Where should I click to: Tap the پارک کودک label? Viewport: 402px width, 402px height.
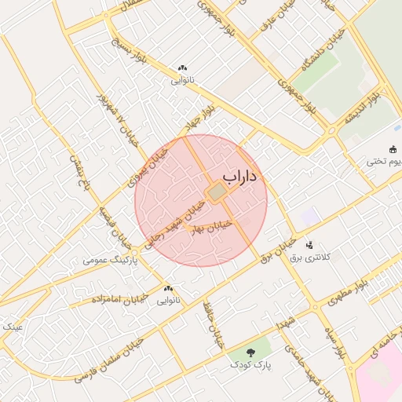tap(250, 365)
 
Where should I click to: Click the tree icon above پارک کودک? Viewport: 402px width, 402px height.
tap(250, 353)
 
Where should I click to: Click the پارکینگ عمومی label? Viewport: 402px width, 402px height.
tap(111, 259)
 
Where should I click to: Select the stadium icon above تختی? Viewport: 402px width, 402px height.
tap(393, 149)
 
